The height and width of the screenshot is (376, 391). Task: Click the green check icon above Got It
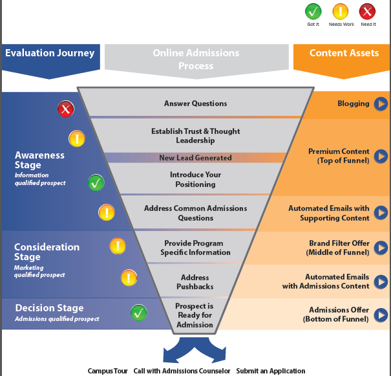[x=313, y=11]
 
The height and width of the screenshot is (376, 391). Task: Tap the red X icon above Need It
[x=368, y=11]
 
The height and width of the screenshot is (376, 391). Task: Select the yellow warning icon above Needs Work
[x=340, y=11]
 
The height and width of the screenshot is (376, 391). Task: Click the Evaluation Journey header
[x=50, y=53]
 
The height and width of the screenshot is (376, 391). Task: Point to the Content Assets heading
[x=344, y=53]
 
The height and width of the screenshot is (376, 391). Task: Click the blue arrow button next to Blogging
[x=381, y=104]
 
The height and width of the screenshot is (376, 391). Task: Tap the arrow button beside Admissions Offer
[x=381, y=315]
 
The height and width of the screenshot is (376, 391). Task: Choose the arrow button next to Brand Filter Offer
[x=381, y=248]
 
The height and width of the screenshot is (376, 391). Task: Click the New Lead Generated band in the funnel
[x=195, y=158]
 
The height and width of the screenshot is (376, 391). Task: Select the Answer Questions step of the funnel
[x=195, y=104]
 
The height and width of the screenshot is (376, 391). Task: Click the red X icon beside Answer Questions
[x=65, y=109]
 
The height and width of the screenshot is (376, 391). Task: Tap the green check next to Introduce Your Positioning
[x=96, y=183]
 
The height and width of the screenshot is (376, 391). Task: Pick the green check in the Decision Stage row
[x=139, y=313]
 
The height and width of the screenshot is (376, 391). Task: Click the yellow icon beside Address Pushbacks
[x=129, y=278]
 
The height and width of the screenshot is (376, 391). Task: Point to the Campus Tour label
[x=108, y=371]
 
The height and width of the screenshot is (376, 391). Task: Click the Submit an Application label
[x=270, y=371]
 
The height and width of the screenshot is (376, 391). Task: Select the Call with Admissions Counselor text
[x=182, y=371]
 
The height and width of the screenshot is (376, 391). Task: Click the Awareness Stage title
[x=39, y=160]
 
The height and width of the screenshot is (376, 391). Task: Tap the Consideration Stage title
[x=47, y=252]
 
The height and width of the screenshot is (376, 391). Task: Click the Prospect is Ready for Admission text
[x=194, y=315]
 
